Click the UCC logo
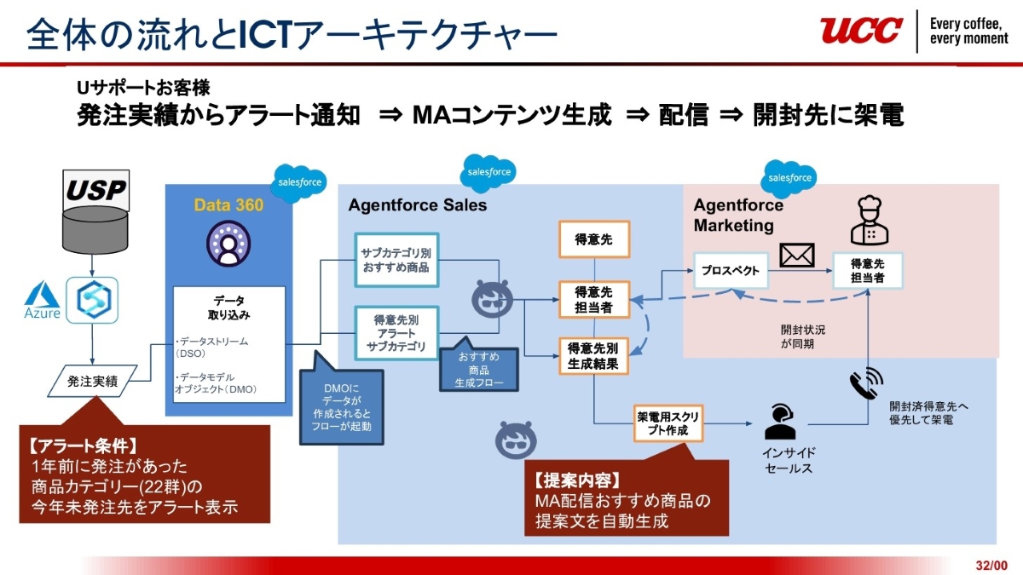[x=861, y=31]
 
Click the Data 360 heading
[x=228, y=205]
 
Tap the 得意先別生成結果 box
[x=594, y=356]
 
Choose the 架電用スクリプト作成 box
[x=668, y=424]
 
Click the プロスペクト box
[x=730, y=270]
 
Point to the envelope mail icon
[x=796, y=255]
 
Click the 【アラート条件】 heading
[x=83, y=446]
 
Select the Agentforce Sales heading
[x=418, y=205]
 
